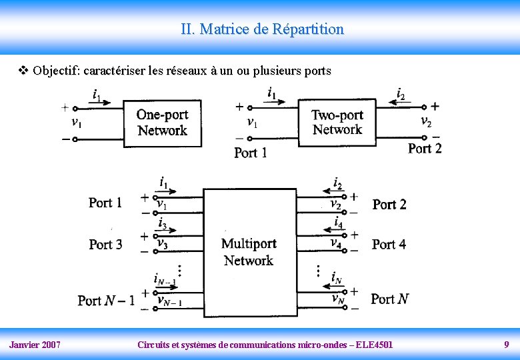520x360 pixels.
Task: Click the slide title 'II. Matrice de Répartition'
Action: (x=262, y=29)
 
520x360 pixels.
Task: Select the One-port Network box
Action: (x=162, y=122)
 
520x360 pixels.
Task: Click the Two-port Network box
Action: (x=337, y=122)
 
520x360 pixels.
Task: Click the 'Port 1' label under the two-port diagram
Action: (x=251, y=153)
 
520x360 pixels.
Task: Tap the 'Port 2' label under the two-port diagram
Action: (x=425, y=148)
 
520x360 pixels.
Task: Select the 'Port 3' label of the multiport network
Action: (x=105, y=245)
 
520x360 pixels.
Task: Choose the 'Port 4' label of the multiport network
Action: (x=389, y=245)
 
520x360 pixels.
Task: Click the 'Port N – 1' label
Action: (x=106, y=301)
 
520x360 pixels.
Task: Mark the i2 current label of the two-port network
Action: (x=400, y=94)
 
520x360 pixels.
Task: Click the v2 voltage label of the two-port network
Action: (x=426, y=121)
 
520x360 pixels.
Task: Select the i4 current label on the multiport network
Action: (x=338, y=222)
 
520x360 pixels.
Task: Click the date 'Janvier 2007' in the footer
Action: (x=35, y=345)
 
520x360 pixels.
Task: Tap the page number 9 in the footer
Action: (x=507, y=345)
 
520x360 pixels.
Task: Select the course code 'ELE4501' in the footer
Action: (x=375, y=345)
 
